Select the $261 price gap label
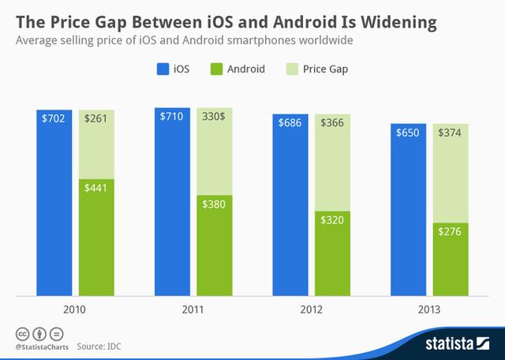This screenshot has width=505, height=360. coord(96,119)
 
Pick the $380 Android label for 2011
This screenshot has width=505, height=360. coord(215,204)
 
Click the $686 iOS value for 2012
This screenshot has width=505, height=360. coord(291,123)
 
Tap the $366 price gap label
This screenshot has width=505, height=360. coord(332,123)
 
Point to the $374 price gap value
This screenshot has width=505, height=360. coord(450,132)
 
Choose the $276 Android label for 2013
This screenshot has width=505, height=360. coord(450,232)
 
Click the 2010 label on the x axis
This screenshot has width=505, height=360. coord(76,309)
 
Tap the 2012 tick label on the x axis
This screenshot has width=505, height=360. coord(312,309)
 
